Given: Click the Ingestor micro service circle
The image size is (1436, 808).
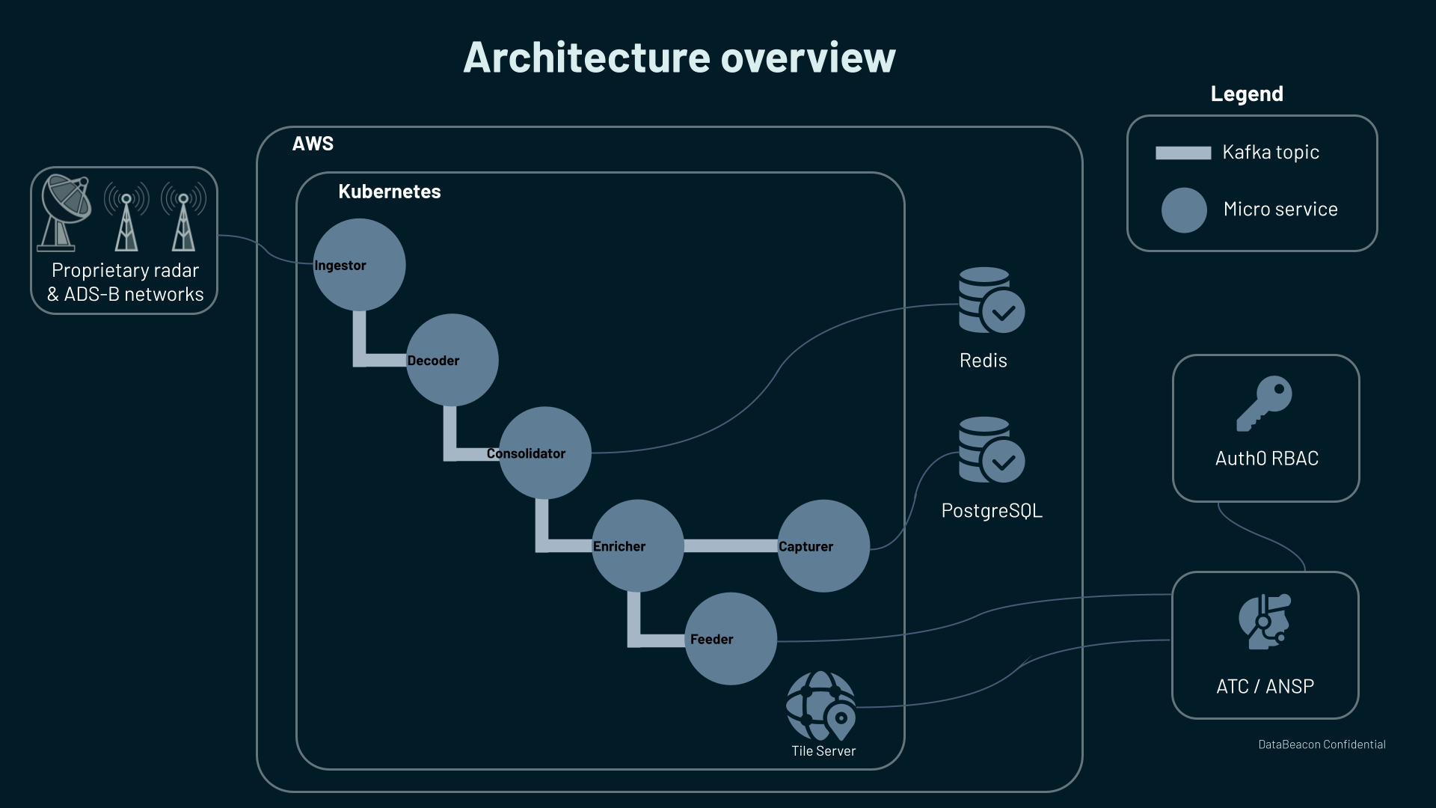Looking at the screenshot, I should (359, 265).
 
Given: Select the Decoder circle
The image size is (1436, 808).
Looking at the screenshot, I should (452, 360).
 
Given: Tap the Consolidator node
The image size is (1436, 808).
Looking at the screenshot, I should (544, 453).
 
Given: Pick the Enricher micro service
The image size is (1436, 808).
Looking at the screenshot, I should (637, 545).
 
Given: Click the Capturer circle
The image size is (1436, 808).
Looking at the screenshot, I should (823, 545).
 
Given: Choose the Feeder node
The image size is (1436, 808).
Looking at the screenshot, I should (730, 638).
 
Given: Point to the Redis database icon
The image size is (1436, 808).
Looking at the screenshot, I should (991, 301).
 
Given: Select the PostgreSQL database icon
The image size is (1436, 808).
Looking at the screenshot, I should (991, 450).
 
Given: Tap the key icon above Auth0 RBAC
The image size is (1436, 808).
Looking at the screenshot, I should (1264, 403).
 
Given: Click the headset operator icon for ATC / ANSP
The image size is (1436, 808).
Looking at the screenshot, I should (1264, 622).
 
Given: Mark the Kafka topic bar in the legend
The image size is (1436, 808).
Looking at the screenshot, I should (1182, 153).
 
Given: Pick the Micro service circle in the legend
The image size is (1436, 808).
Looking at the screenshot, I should (1183, 210).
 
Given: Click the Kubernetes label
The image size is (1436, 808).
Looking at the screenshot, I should (389, 192).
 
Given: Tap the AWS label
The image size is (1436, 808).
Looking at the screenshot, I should (313, 144).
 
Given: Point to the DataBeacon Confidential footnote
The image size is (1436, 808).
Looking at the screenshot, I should (1322, 744).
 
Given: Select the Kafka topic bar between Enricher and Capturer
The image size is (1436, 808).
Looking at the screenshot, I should (730, 546).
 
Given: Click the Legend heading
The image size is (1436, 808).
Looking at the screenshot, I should (1247, 94).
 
